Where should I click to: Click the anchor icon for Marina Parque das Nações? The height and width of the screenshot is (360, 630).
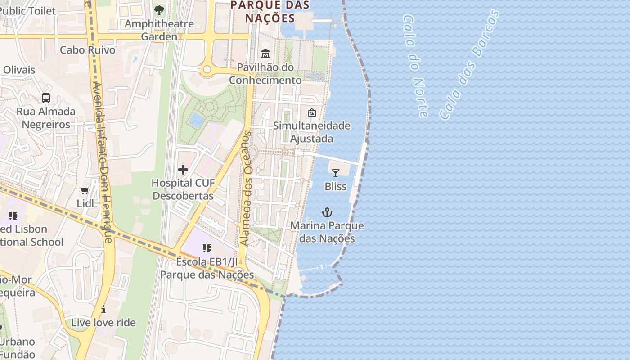click(x=327, y=212)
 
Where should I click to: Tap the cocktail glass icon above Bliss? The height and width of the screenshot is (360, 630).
click(x=336, y=173)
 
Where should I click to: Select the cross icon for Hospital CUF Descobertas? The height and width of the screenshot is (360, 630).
click(x=183, y=170)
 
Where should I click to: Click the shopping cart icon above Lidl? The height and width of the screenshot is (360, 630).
click(x=85, y=191)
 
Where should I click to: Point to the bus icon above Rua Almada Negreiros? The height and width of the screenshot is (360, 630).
click(x=46, y=98)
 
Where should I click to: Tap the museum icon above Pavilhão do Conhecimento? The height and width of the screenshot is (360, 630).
click(x=265, y=54)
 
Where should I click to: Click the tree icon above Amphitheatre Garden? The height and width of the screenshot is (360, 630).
click(x=159, y=10)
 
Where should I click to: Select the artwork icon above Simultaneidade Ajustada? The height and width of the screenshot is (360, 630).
click(x=311, y=112)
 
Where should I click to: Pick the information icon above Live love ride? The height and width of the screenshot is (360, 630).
click(x=103, y=309)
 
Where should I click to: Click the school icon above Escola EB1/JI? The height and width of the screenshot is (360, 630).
click(x=207, y=248)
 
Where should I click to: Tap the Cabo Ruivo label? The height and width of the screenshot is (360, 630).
click(x=88, y=49)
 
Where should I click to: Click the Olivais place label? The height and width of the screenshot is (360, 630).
click(x=19, y=70)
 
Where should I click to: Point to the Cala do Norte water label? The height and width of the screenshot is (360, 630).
click(x=415, y=66)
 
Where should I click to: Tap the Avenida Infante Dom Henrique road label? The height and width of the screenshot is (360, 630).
click(x=102, y=162)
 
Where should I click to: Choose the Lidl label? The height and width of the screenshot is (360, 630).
click(x=85, y=203)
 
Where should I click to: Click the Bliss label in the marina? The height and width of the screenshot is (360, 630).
click(x=336, y=186)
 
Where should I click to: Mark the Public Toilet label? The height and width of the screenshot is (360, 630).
click(x=28, y=11)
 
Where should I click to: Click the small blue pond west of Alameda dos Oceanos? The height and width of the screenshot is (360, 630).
click(x=197, y=120)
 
